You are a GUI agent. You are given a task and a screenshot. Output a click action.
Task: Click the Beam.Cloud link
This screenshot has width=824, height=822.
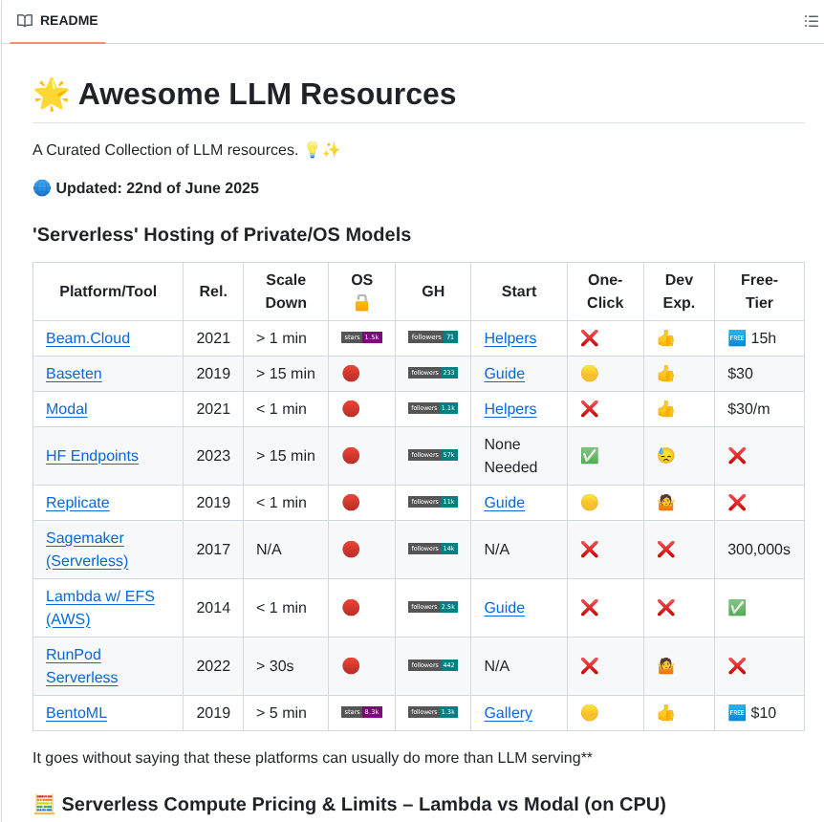[x=88, y=338]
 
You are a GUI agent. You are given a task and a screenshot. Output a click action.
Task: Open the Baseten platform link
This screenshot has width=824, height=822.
[x=74, y=374]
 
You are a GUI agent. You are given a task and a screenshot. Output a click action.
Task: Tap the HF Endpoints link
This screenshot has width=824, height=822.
[x=92, y=456]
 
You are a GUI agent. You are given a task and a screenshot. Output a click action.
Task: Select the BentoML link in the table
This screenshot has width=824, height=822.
[x=76, y=713]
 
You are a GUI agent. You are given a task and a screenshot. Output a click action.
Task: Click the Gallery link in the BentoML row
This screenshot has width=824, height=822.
[x=508, y=713]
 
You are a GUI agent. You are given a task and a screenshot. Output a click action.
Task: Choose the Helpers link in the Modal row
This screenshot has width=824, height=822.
[x=510, y=409]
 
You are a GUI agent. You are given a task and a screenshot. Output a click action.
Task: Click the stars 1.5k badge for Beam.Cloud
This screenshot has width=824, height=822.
[x=361, y=337]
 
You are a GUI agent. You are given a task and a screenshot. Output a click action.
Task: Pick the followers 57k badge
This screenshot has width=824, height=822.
[x=432, y=455]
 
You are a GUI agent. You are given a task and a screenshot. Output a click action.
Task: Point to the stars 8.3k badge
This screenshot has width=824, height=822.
[x=361, y=712]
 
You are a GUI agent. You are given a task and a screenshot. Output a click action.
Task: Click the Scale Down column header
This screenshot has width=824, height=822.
[x=286, y=292]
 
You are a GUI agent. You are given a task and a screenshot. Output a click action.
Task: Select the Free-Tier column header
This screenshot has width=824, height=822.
[x=759, y=292]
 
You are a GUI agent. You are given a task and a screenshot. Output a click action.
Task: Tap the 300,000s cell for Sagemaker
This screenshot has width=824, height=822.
[x=759, y=550]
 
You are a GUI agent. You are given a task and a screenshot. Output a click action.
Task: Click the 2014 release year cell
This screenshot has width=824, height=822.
[x=213, y=608]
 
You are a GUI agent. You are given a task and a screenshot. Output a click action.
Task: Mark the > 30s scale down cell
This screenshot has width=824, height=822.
[x=275, y=666]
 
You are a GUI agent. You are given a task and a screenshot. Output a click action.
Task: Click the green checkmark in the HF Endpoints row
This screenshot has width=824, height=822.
[x=590, y=456]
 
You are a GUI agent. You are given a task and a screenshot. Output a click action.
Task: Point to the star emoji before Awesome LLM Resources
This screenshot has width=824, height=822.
[x=51, y=95]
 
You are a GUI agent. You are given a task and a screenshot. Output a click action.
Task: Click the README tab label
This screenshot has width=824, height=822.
[x=69, y=21]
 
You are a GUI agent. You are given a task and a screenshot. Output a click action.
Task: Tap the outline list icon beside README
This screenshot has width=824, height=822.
[x=811, y=21]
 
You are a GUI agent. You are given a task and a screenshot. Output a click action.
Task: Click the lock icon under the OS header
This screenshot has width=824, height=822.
[x=361, y=303]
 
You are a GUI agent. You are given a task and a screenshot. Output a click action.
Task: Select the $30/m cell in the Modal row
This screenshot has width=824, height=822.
[x=748, y=409]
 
